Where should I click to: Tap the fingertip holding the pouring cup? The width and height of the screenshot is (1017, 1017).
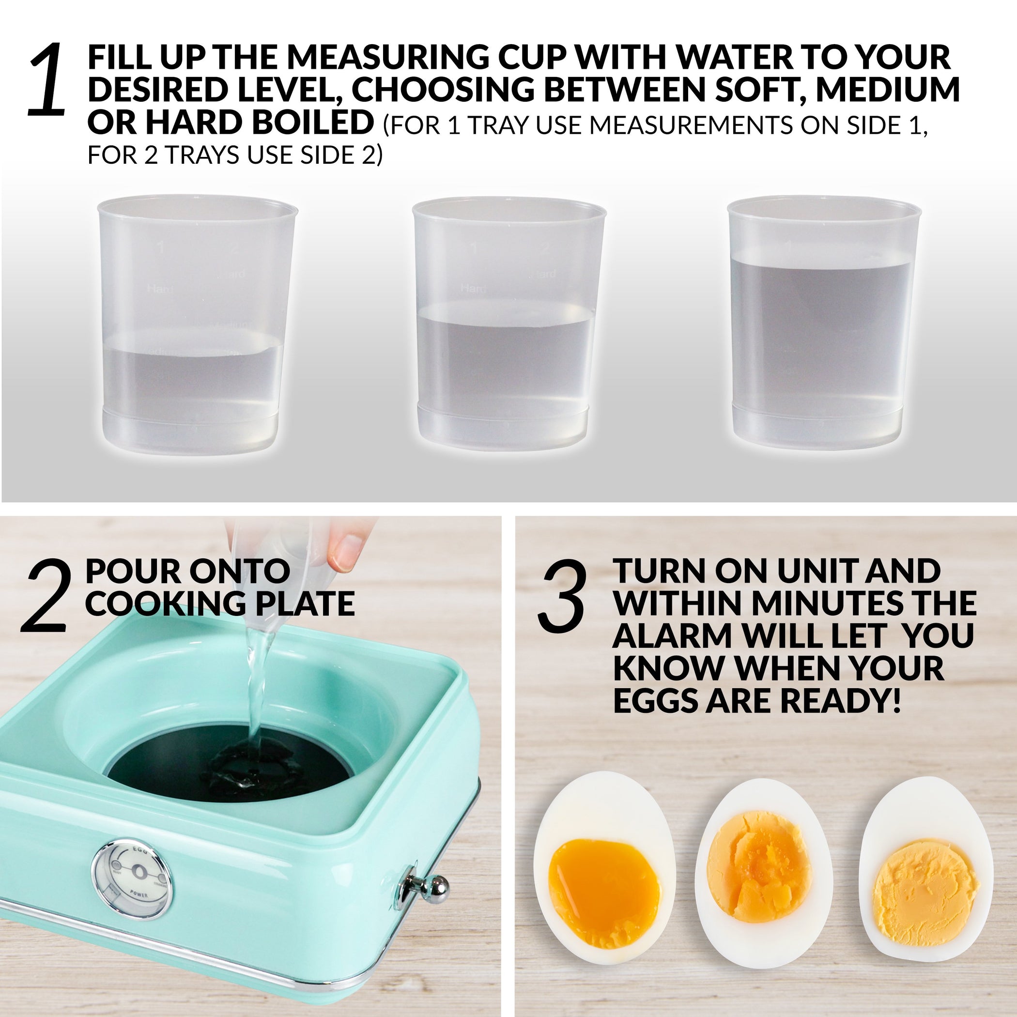345,553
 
